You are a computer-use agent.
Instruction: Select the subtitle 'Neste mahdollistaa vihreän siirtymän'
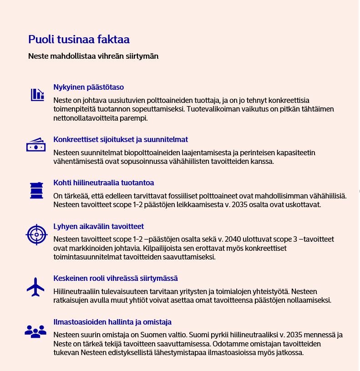[93, 57]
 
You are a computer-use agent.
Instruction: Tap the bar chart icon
[37, 94]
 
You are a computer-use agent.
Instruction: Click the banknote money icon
[35, 145]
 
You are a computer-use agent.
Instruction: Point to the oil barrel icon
[36, 190]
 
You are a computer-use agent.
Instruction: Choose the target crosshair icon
[36, 234]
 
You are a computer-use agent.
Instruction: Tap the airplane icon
[35, 287]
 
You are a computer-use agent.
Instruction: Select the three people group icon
[35, 331]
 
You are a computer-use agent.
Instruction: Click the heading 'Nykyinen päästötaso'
[89, 87]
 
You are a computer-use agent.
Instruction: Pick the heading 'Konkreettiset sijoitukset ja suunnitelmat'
[121, 139]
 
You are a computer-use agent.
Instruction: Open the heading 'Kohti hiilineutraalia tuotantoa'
[104, 183]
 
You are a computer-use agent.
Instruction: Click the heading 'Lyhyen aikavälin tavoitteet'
[99, 226]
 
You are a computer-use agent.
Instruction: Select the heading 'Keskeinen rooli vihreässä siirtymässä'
[116, 278]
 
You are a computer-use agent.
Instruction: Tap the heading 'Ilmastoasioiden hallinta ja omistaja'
[112, 322]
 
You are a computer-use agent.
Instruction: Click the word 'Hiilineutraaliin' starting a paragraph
[74, 291]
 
